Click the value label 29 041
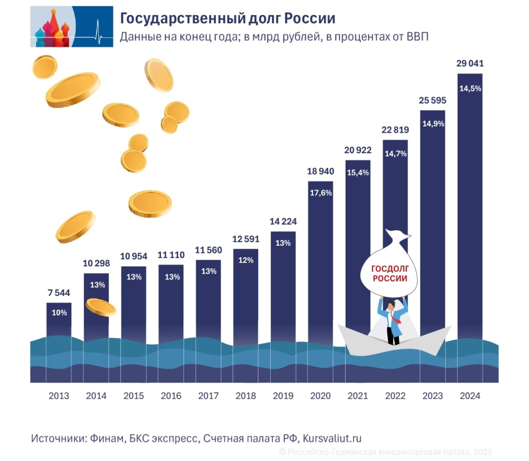coord(470,64)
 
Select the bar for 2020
coord(321,258)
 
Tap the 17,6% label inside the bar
coord(321,193)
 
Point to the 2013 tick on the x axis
coord(59,396)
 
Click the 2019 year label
coord(283,396)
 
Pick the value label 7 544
coord(59,293)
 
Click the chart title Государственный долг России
coord(228,19)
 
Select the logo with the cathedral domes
coord(71,26)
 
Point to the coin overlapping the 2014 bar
coord(100,307)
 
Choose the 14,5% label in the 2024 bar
coord(470,88)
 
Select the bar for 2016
coord(171,305)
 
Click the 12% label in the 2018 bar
coord(246,260)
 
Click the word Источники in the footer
coord(58,438)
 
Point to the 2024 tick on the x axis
coord(470,396)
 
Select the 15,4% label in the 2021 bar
coord(358,172)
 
